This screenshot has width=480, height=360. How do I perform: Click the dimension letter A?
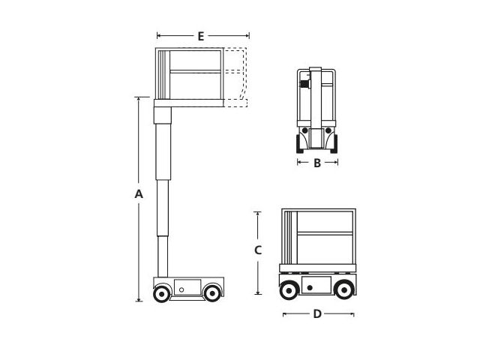tap(139, 194)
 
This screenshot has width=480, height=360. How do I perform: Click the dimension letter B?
tap(317, 163)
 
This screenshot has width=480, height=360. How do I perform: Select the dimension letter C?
tap(258, 250)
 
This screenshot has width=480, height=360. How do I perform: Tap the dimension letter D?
tap(317, 313)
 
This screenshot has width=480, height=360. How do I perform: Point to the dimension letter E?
tap(201, 37)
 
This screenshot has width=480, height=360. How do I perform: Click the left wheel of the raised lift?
tap(162, 293)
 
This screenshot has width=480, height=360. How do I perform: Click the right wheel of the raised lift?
tap(211, 293)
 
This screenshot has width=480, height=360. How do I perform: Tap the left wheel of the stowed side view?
tap(289, 289)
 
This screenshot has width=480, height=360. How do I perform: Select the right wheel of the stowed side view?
tap(344, 289)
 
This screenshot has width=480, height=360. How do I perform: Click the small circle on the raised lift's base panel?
tap(181, 289)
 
